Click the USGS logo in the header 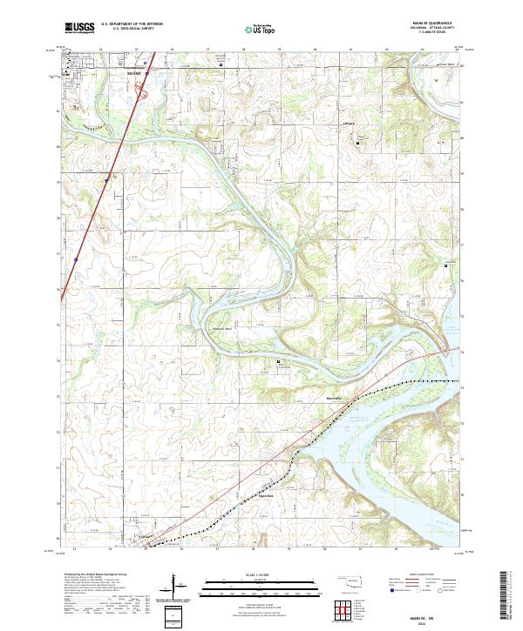pyautogui.click(x=78, y=30)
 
